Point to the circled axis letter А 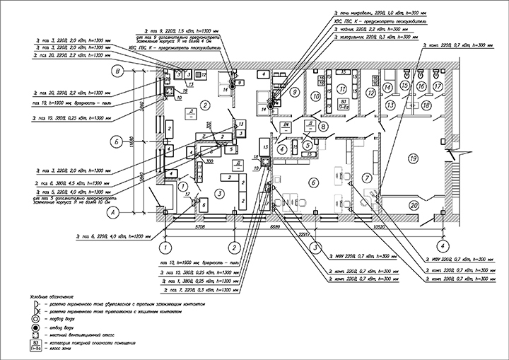pyautogui.click(x=111, y=211)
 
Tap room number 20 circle pyautogui.click(x=413, y=204)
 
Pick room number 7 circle pyautogui.click(x=368, y=176)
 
